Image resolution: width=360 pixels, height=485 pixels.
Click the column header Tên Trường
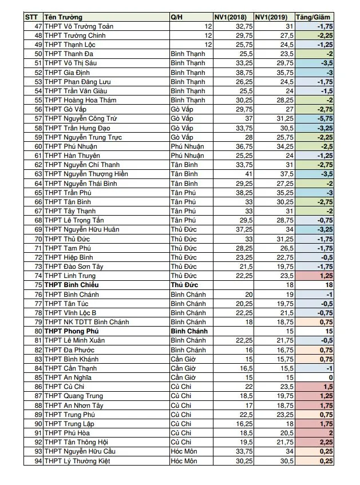coord(62,17)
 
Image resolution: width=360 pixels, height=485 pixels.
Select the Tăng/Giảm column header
coord(313,17)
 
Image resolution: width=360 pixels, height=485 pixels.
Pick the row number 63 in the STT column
coord(38,174)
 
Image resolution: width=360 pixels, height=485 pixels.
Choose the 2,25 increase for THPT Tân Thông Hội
coord(325,442)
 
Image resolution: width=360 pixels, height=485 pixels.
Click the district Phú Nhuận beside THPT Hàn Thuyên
coord(187,156)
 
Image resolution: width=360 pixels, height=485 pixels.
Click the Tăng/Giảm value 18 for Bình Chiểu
coord(329,285)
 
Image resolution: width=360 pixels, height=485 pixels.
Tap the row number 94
coord(38,460)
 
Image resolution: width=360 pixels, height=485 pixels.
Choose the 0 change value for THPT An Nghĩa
coord(331,377)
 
